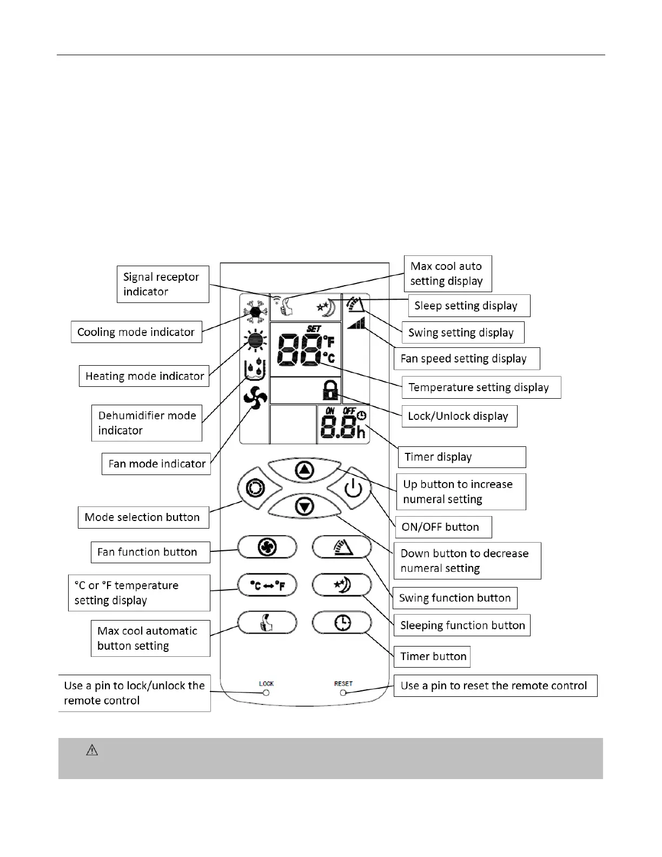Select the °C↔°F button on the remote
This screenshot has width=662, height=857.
click(267, 585)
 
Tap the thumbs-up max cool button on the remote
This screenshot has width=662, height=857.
click(267, 622)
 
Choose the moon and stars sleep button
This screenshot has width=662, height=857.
click(342, 585)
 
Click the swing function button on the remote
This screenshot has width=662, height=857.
click(342, 548)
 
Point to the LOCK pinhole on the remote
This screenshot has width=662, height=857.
click(266, 693)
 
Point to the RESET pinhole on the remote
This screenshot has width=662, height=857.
click(343, 693)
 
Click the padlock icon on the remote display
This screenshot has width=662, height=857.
click(330, 391)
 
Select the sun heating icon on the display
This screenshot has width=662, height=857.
click(256, 340)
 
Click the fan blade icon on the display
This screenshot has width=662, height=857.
click(255, 399)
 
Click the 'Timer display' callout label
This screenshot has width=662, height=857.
click(462, 457)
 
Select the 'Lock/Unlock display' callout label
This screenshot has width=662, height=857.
click(459, 416)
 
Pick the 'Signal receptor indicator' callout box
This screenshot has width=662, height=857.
click(163, 284)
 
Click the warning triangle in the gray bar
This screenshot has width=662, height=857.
click(92, 750)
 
